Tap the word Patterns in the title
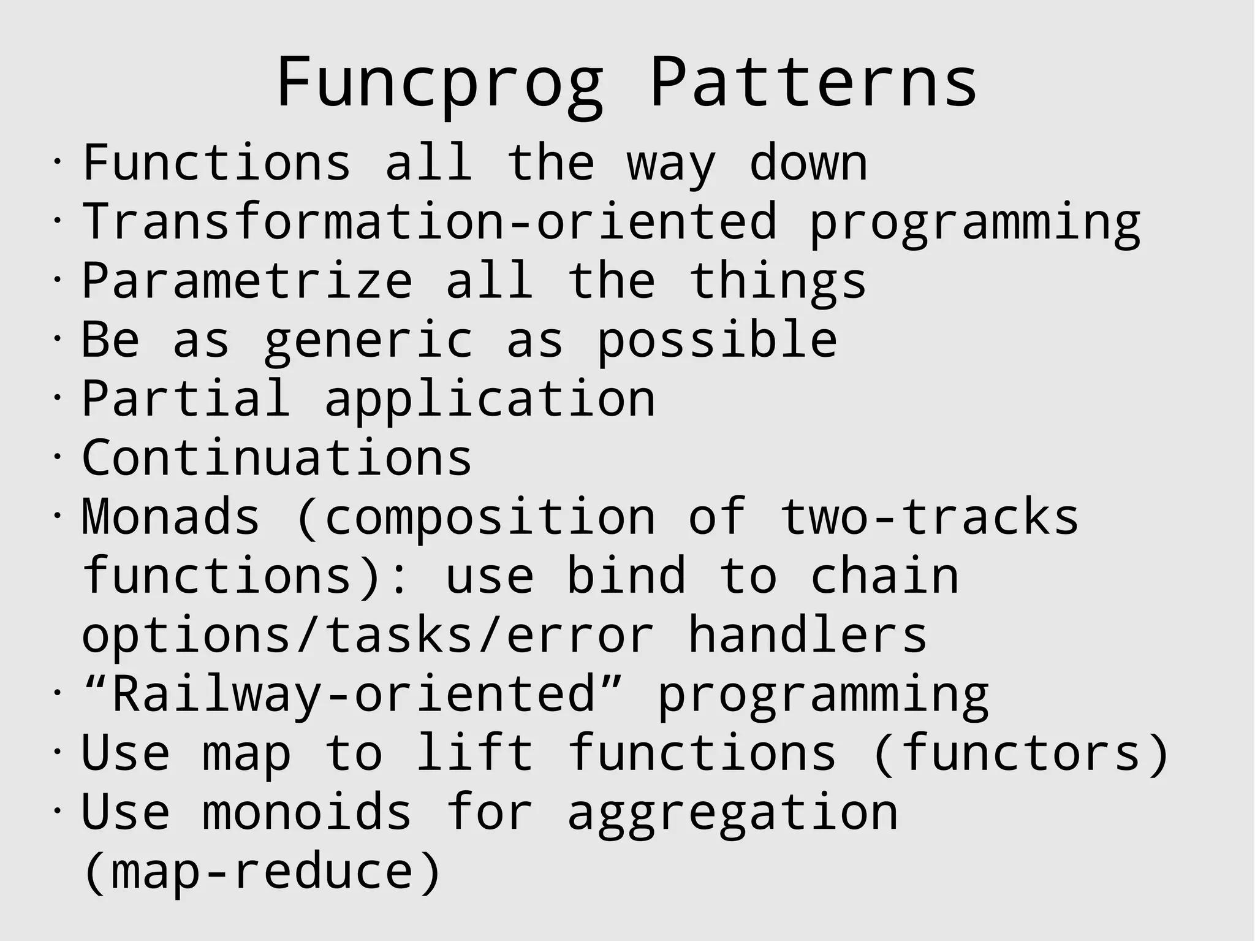813,83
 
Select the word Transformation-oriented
430,221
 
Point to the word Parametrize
248,280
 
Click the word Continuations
277,457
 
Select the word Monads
171,517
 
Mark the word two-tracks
929,517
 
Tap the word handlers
808,634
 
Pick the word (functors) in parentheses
1021,753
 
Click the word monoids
307,812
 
